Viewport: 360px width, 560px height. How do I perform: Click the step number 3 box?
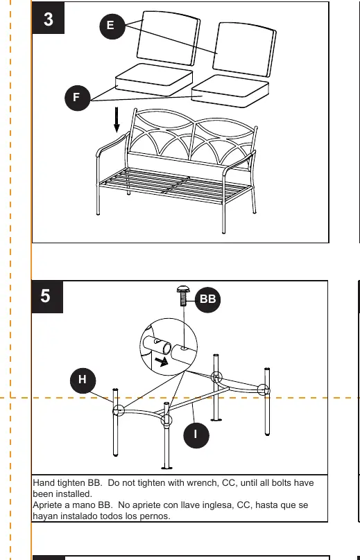[x=49, y=18]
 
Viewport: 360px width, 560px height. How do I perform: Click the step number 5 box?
[x=47, y=297]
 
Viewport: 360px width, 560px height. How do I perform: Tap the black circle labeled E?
[x=112, y=26]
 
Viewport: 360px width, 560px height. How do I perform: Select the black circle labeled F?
[x=78, y=98]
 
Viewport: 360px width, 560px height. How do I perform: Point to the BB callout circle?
[x=207, y=299]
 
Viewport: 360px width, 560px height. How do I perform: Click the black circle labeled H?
[x=83, y=380]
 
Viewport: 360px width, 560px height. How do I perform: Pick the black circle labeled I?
[x=196, y=435]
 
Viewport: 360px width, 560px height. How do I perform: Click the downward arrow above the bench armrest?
[x=117, y=120]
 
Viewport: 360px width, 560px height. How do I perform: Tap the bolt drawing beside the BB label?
[x=183, y=296]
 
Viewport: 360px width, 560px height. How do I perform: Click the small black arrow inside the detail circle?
[x=162, y=362]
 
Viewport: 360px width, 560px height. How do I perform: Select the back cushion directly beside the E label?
[x=168, y=38]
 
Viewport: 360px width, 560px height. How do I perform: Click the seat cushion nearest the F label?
[x=154, y=80]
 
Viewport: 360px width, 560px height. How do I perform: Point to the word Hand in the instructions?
[x=44, y=483]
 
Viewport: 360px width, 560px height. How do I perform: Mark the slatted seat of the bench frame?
[x=175, y=185]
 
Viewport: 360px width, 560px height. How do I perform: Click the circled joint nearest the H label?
[x=119, y=411]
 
